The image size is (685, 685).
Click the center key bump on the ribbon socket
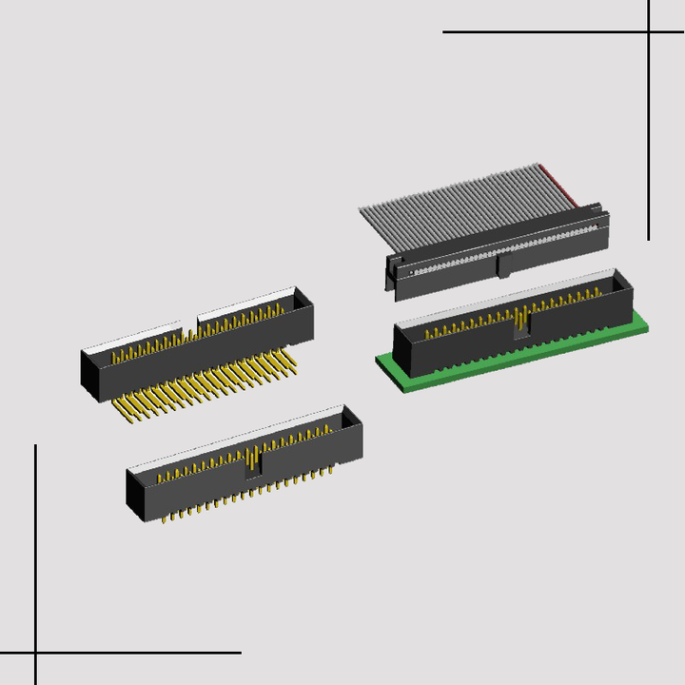coord(503,264)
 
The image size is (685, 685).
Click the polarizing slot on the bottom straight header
coord(253,461)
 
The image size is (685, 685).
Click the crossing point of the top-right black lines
coord(649,31)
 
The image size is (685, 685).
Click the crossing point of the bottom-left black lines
coord(36,653)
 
